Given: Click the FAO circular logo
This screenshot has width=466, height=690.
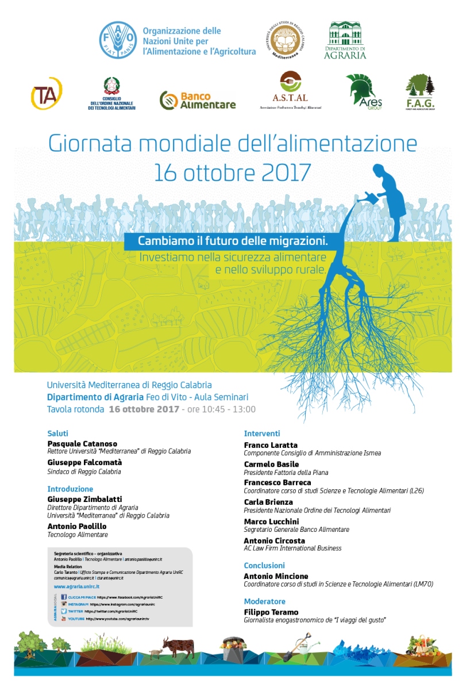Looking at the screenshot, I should pos(118,40).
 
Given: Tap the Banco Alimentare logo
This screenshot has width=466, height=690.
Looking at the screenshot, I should pos(198,101).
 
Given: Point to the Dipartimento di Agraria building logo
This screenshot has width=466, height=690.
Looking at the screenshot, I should pos(346,40).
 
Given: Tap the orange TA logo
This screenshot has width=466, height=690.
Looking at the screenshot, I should pos(46,94).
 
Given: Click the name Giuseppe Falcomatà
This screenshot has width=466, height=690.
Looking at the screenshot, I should pos(84,462).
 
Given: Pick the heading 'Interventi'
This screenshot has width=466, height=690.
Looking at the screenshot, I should pos(262,433).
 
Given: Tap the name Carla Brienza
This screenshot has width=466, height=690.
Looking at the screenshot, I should pos(268,502).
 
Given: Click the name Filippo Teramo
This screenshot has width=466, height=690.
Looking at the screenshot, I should pos(271,612).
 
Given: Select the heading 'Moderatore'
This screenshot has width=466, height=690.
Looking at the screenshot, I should pos(265,601).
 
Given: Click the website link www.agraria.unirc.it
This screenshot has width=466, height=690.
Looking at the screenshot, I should pos(77,586).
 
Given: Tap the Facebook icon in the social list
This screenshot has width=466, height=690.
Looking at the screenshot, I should pos(63,597).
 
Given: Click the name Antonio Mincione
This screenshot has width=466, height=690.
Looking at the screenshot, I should pos(276,576).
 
